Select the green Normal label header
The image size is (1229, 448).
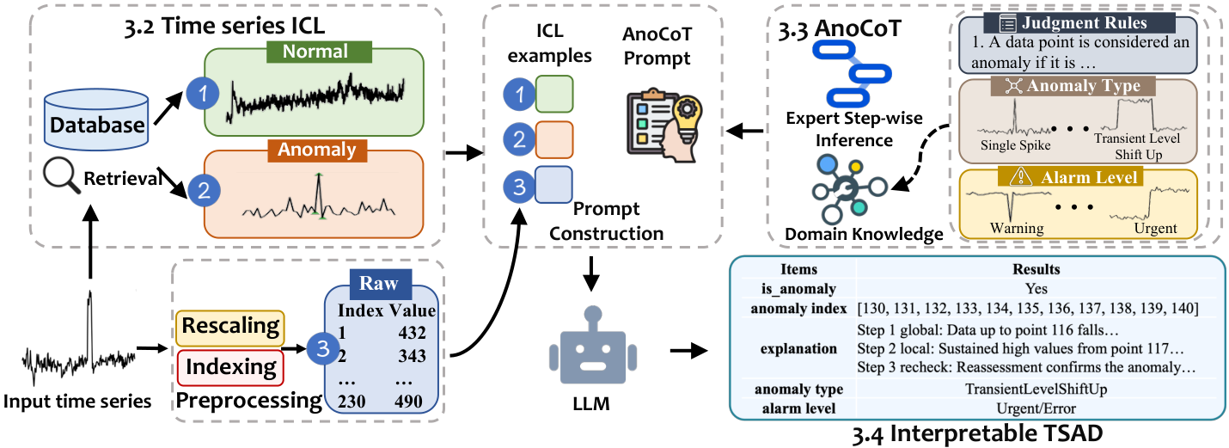317,52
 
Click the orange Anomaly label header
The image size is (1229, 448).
317,149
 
